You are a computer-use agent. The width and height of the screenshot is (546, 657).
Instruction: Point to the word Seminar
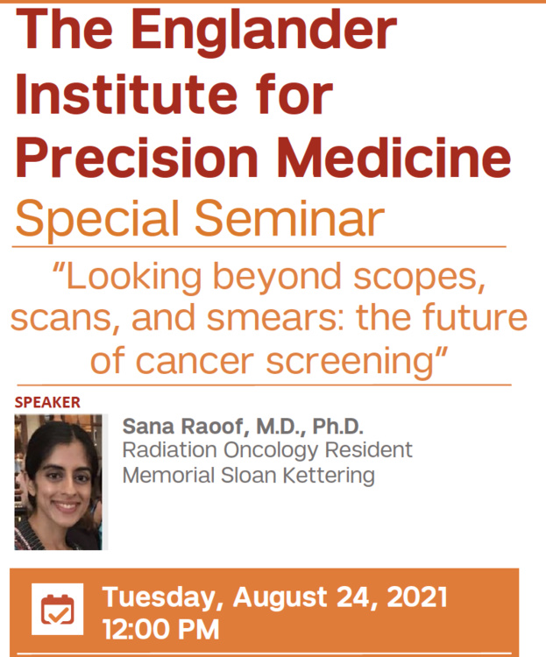pyautogui.click(x=294, y=218)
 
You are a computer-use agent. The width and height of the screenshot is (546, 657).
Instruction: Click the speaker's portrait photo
pyautogui.click(x=60, y=482)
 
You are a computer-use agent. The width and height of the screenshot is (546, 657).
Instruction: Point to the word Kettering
pyautogui.click(x=332, y=476)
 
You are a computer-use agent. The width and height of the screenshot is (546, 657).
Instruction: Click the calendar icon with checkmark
pyautogui.click(x=58, y=609)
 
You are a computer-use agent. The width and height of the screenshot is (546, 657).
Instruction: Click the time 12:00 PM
pyautogui.click(x=160, y=629)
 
